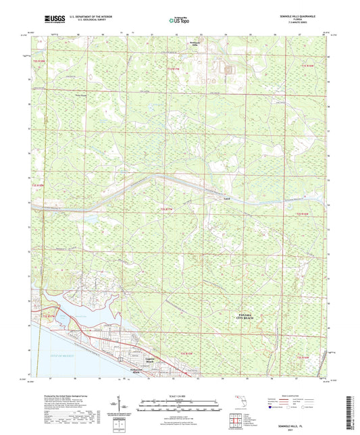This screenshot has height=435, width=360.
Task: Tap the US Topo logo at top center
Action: click(179, 21)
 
